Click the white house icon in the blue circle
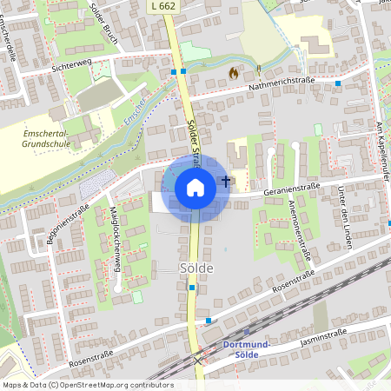(195, 187)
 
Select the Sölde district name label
(195, 268)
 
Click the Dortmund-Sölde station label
(248, 348)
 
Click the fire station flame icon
(232, 74)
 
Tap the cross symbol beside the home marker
(226, 181)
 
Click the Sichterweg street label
(71, 66)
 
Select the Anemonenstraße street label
(300, 229)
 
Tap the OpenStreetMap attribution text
(87, 384)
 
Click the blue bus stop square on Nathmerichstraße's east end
(338, 83)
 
